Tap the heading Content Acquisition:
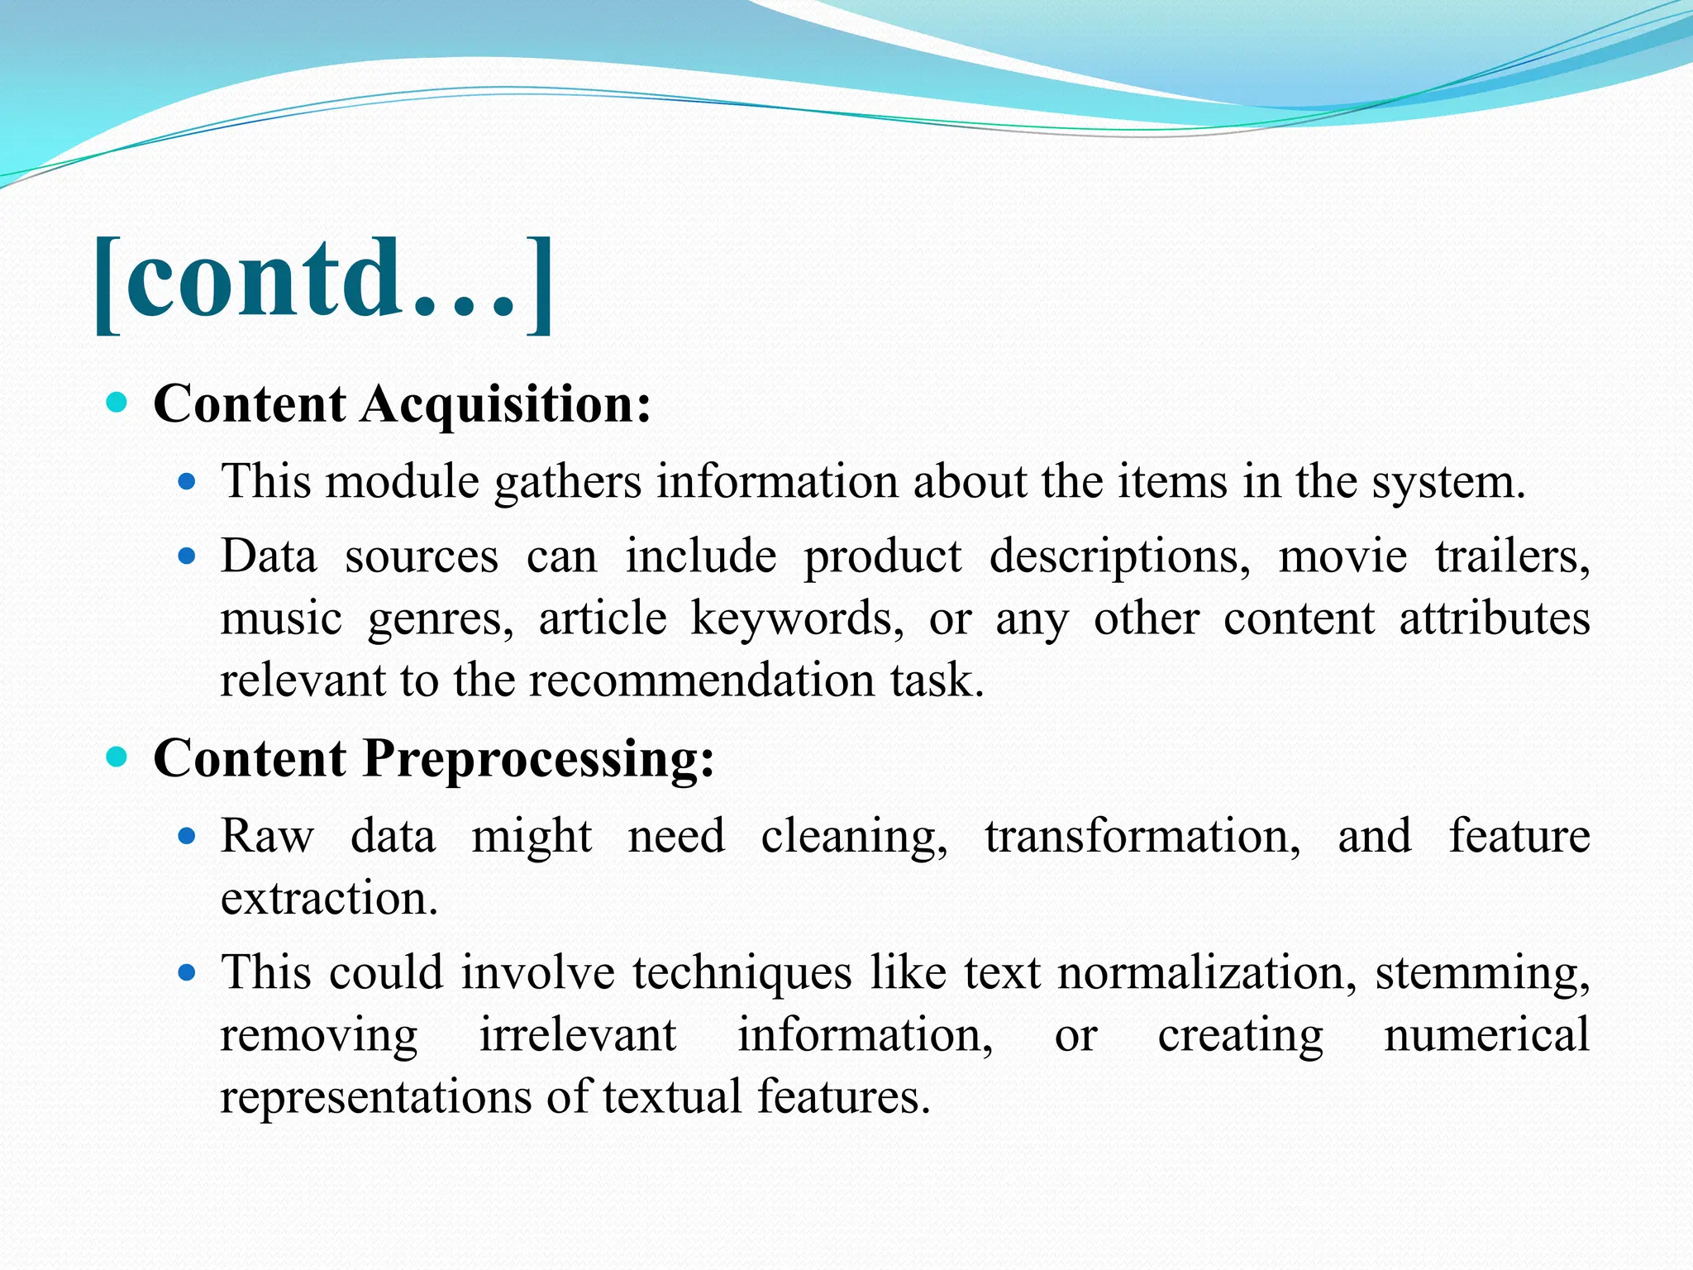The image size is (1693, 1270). (403, 404)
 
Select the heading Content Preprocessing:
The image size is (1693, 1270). (434, 758)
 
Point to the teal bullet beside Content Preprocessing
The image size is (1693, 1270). (117, 757)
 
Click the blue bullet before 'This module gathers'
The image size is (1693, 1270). (188, 481)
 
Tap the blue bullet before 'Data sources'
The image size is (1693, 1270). (188, 556)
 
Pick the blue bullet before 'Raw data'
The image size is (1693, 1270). (188, 836)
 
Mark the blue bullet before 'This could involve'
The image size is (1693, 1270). (188, 972)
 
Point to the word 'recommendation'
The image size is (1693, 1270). (702, 680)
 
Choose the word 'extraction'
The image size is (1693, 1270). (328, 898)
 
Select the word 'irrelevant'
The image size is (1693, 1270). (578, 1035)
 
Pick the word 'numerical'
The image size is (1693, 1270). (1486, 1035)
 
